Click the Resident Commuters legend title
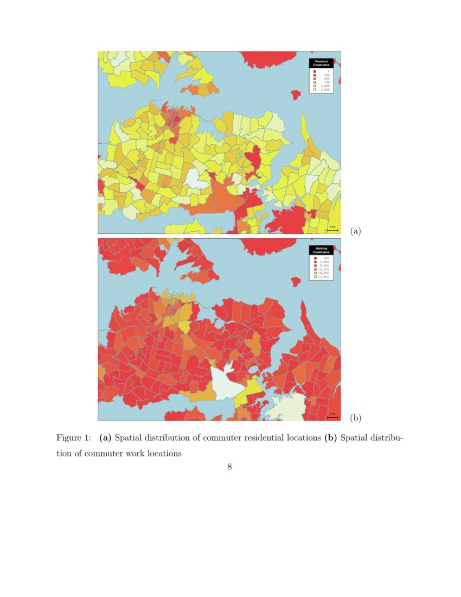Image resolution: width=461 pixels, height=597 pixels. (321, 63)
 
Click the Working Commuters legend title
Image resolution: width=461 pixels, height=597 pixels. (321, 250)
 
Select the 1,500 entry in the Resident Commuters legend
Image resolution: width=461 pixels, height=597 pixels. (323, 90)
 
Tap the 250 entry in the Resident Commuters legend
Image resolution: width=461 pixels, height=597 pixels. (323, 74)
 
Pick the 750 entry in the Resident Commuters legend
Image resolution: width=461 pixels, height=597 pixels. (323, 82)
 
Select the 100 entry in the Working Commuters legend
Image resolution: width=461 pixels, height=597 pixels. (323, 258)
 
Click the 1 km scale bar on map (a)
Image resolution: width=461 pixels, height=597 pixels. (333, 229)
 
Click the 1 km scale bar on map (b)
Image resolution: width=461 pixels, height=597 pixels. (333, 416)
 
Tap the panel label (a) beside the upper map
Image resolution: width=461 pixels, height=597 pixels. (355, 231)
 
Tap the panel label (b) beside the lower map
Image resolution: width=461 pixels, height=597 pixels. (355, 417)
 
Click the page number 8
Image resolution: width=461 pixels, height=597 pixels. (230, 467)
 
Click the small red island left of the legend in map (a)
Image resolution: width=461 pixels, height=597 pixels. (296, 95)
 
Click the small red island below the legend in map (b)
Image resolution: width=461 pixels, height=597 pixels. (295, 282)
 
